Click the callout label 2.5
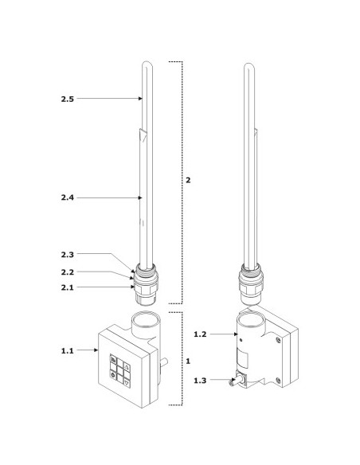click(68, 99)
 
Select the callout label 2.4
click(68, 197)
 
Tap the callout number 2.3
click(68, 255)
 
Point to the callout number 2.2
click(68, 272)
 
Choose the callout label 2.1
click(68, 287)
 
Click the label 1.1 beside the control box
click(68, 351)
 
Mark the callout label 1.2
click(200, 334)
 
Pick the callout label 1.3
click(200, 381)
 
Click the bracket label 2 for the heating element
click(188, 180)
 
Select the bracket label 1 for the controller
click(188, 361)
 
